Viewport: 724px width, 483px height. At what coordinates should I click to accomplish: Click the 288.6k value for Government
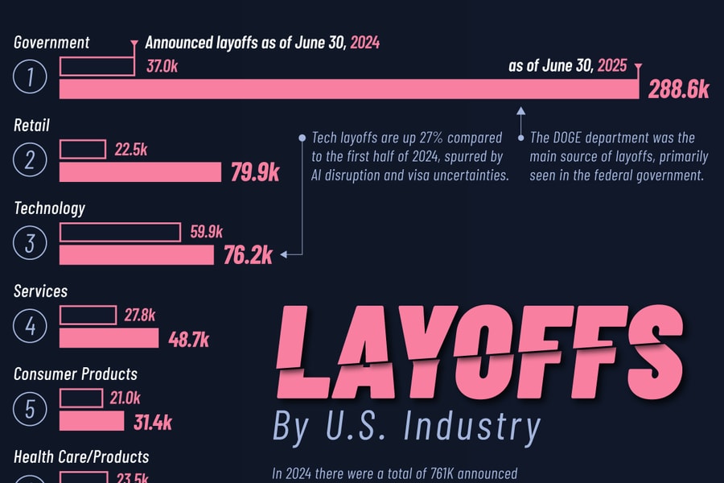679,89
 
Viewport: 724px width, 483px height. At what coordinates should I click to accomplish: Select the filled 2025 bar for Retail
140,171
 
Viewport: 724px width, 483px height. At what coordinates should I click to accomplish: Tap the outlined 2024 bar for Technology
120,233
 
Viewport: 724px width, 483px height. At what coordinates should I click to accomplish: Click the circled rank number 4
31,326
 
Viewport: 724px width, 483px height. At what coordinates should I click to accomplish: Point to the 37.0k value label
162,67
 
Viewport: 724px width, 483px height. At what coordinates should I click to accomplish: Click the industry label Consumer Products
76,374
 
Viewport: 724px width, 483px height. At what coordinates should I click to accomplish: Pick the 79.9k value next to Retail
255,172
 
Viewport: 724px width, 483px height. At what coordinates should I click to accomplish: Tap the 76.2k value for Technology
248,255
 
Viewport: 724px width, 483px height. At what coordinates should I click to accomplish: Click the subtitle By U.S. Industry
406,427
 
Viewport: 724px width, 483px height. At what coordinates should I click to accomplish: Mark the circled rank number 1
31,77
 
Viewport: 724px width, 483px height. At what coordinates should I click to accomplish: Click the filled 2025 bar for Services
109,337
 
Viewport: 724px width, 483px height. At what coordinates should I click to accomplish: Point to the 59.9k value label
206,233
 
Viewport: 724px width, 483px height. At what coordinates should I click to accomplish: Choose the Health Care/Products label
81,456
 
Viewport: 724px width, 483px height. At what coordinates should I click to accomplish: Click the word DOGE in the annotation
574,138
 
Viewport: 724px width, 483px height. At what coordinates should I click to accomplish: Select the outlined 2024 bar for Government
97,66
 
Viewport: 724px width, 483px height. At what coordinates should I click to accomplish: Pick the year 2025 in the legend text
612,66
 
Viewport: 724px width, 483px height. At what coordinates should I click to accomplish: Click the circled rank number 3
31,243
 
